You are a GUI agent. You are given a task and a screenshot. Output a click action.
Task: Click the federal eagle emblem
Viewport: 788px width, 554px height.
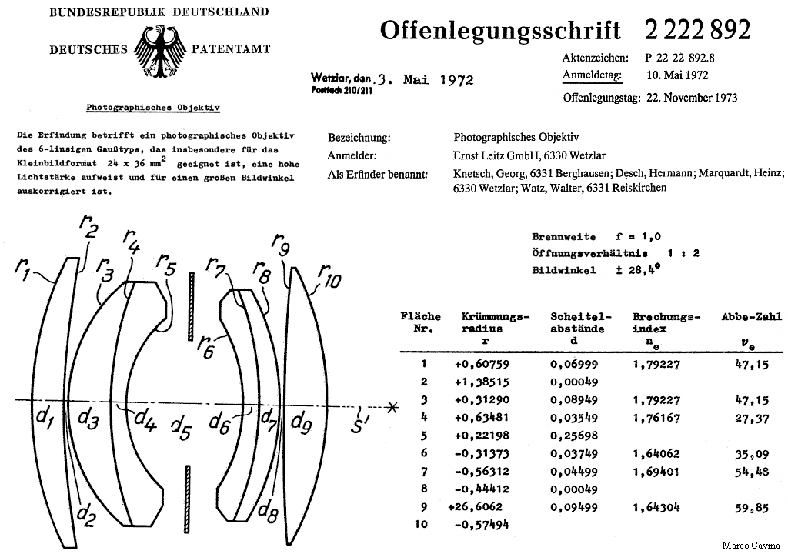tap(160, 51)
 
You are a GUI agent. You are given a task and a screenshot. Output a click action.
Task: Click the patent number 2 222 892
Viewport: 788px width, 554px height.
tap(696, 29)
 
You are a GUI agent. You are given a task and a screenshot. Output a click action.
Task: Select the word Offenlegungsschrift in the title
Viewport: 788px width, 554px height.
tap(499, 30)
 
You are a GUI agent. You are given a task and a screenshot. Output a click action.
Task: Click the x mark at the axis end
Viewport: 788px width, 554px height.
tap(392, 406)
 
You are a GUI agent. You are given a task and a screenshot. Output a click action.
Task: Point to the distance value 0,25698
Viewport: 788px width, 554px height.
tap(573, 436)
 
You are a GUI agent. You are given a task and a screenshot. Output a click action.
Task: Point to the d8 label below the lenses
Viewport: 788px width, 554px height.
tap(268, 508)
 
